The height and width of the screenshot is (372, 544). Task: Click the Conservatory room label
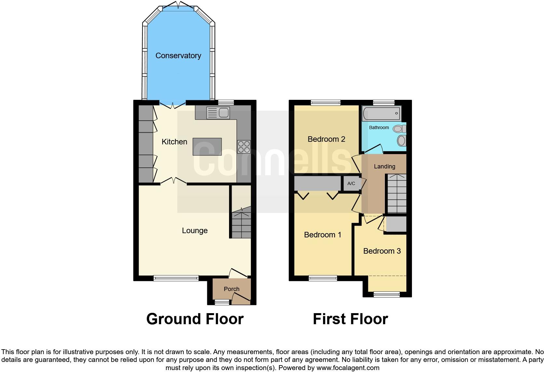[178, 56]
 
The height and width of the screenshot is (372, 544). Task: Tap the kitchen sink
[218, 113]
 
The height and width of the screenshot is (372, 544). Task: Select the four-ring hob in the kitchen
[244, 146]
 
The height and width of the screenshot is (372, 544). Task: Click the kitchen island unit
[207, 146]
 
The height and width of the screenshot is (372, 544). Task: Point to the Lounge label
[195, 231]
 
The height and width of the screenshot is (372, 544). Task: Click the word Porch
[231, 289]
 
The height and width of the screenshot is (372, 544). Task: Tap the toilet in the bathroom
[399, 129]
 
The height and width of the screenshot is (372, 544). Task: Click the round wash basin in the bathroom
[401, 141]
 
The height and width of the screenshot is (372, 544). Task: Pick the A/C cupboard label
[351, 184]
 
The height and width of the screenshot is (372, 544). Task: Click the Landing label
[384, 166]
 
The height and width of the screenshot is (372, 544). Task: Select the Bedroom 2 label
[326, 139]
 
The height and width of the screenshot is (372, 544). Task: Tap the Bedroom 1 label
[322, 235]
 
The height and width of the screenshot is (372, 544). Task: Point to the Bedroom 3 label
[382, 251]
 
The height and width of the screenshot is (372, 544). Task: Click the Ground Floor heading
[195, 319]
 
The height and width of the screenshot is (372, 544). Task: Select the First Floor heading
[350, 319]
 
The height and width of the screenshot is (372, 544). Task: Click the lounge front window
[176, 278]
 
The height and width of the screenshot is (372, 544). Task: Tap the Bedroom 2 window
[325, 103]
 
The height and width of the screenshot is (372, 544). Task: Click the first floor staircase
[396, 193]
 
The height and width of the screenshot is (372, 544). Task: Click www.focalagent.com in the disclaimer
[348, 368]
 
